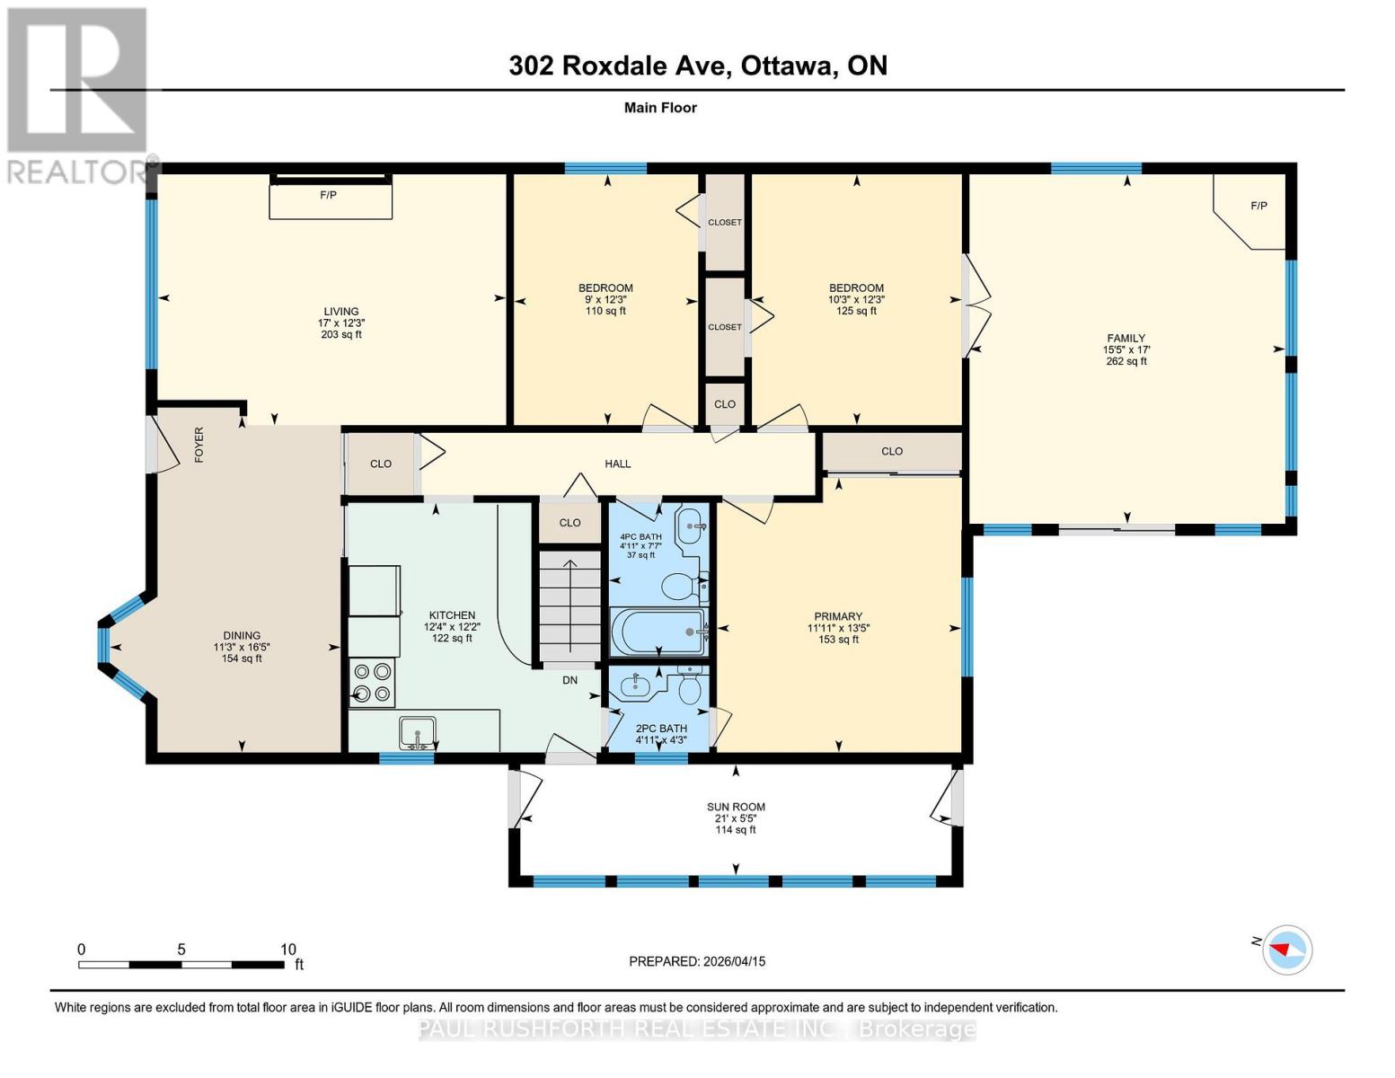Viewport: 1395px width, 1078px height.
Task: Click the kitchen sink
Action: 418,732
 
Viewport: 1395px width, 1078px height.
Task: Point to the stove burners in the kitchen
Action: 372,682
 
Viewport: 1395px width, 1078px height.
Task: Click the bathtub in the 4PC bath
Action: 658,632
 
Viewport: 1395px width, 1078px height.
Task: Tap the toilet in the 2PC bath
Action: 690,689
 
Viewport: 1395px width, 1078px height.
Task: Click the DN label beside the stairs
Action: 569,680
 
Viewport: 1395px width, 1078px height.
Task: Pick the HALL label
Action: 618,464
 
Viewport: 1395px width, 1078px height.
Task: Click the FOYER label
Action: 199,445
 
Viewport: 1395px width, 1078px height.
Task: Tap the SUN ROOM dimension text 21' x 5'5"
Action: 736,818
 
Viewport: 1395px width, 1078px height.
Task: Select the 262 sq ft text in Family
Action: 1126,361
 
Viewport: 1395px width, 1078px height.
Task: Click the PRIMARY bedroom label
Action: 838,616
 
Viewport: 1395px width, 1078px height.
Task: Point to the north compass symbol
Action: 1287,949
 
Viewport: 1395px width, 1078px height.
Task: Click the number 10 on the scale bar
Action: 287,949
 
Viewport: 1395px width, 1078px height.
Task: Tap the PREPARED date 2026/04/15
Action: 697,961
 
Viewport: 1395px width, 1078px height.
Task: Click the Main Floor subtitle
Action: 660,108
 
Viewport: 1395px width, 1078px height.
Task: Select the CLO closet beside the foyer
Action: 381,464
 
